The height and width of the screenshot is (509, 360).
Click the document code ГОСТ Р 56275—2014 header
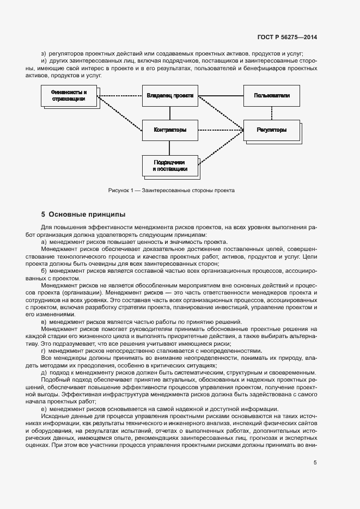tap(288, 38)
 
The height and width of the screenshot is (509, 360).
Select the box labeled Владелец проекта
tap(169, 96)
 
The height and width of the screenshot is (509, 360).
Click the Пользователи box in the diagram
tap(271, 96)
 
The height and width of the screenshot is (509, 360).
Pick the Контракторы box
tap(169, 130)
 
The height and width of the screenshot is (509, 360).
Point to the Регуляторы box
tap(271, 131)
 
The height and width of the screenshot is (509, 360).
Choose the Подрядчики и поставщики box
tap(169, 166)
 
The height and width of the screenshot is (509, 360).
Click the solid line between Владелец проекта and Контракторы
tap(169, 113)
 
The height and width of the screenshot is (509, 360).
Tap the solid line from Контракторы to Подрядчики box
tap(169, 148)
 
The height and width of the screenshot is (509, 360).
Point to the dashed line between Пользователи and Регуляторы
tap(271, 113)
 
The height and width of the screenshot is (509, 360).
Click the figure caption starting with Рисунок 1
tap(171, 191)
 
